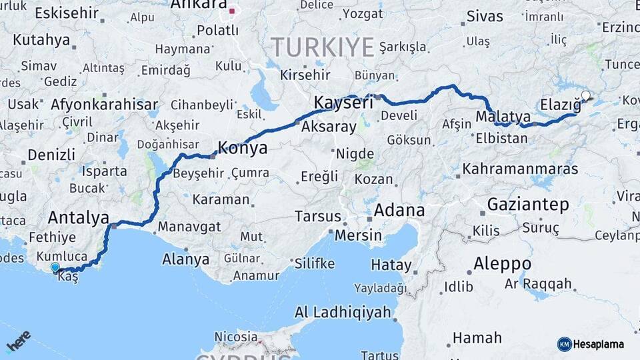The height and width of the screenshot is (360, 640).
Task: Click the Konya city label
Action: click(243, 148)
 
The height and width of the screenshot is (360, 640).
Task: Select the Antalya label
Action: click(78, 217)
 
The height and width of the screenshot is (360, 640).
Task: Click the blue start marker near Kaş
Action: click(55, 267)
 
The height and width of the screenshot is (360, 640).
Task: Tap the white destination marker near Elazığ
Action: click(585, 96)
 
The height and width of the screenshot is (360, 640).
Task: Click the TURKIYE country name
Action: click(322, 48)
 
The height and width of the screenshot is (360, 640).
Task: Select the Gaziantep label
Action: click(529, 204)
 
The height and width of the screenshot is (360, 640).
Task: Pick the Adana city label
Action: click(399, 211)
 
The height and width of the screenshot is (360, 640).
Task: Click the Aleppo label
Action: click(502, 263)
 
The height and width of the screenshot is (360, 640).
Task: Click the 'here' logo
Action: click(18, 342)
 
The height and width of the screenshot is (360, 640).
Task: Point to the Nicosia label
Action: click(236, 337)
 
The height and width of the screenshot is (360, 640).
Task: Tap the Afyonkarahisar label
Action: click(104, 105)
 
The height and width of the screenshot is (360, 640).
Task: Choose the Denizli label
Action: click(51, 155)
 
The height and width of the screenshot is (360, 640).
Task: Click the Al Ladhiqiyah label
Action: click(343, 312)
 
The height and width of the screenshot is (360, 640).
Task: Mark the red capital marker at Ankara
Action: click(232, 11)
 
